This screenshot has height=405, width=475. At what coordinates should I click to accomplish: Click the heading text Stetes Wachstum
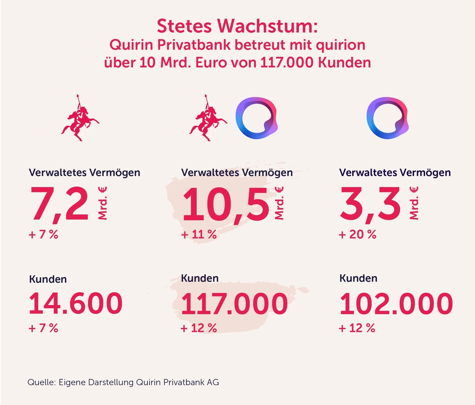[x=237, y=26]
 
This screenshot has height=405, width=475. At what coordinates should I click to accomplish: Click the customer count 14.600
[x=76, y=303]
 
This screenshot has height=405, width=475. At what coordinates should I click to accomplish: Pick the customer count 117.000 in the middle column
[x=234, y=303]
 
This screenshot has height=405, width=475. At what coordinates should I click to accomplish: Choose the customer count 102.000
[x=396, y=303]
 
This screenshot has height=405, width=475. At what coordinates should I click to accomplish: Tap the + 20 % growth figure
[x=357, y=234]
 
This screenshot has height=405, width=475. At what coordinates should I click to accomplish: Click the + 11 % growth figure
[x=199, y=234]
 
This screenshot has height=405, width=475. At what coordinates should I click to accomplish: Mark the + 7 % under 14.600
[x=44, y=328]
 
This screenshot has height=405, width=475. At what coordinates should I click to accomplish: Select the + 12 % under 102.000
[x=357, y=328]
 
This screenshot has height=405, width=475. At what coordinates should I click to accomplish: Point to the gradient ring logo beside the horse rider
[x=256, y=119]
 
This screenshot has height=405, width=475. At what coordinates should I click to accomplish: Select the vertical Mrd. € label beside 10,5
[x=279, y=203]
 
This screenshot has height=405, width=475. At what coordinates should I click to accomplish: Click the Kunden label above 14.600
[x=48, y=279]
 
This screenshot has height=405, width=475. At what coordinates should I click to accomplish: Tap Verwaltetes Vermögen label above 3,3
[x=395, y=173]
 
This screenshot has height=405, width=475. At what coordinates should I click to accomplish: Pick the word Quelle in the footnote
[x=42, y=382]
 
